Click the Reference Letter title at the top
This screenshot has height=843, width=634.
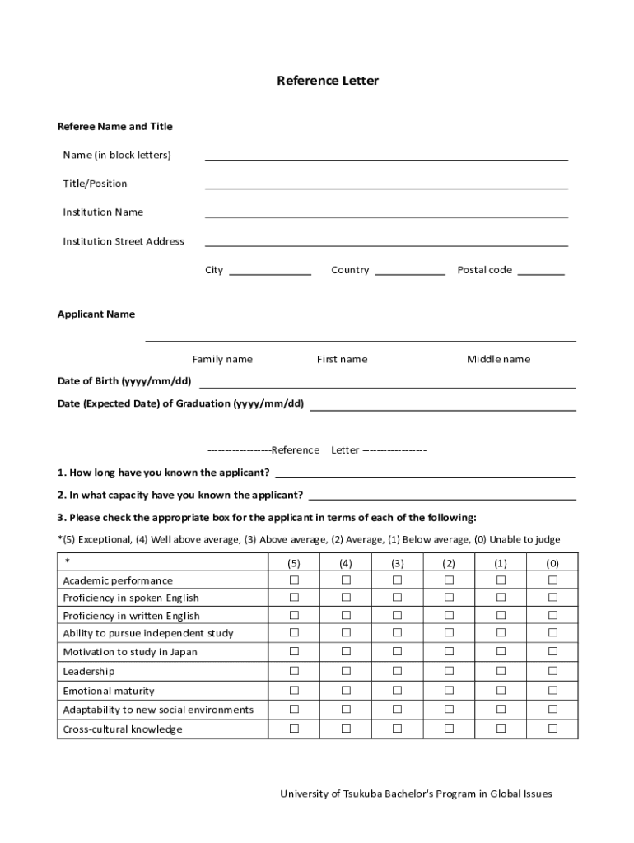click(328, 81)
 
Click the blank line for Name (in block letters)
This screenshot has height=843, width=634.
click(386, 157)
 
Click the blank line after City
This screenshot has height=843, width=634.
click(270, 272)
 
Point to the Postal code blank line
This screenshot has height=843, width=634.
click(541, 272)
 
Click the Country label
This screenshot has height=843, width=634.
click(350, 270)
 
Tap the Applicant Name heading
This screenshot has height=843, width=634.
click(96, 314)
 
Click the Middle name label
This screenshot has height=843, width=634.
click(499, 359)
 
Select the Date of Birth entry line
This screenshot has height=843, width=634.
click(387, 385)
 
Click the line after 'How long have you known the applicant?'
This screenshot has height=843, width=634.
click(425, 475)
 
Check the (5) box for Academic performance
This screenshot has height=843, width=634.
click(294, 580)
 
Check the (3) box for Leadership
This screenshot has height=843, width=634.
click(398, 672)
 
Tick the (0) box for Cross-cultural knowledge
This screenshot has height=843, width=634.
click(552, 729)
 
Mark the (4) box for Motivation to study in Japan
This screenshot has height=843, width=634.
click(346, 651)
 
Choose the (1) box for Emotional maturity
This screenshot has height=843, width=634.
click(501, 691)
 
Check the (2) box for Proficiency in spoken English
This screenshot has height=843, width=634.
click(449, 598)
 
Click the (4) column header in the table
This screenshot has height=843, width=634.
click(346, 563)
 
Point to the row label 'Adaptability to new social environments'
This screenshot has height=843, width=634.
click(158, 710)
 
